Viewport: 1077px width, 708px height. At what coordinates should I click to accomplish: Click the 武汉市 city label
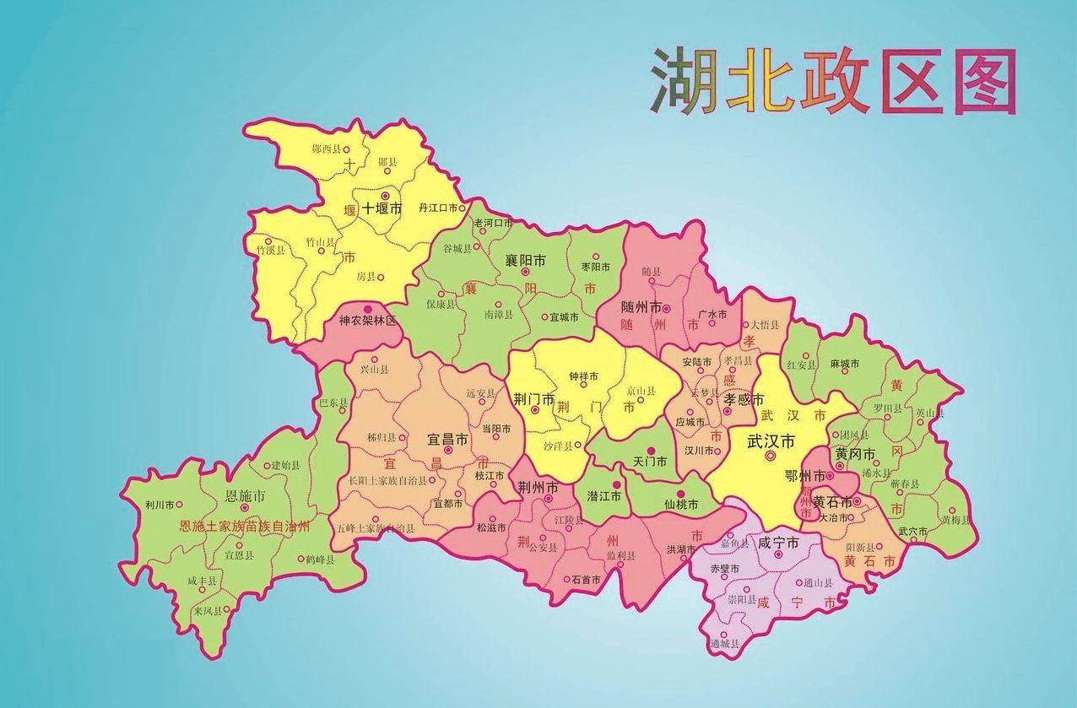tap(771, 440)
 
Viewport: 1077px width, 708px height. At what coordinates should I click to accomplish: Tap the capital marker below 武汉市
tap(770, 456)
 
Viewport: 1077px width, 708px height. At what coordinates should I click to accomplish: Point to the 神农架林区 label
tap(367, 321)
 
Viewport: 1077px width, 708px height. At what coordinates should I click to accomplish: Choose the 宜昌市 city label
tap(447, 440)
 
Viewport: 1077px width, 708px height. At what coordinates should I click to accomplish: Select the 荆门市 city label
tap(534, 398)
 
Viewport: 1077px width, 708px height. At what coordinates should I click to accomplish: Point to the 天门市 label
tap(650, 462)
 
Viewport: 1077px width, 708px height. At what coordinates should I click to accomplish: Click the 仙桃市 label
tap(681, 505)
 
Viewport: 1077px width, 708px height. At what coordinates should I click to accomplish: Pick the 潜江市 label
tap(604, 497)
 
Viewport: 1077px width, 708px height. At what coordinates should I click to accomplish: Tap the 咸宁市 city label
tap(778, 544)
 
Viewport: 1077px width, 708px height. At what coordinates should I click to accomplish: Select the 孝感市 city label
tap(744, 399)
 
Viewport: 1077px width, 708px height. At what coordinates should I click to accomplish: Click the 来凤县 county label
tap(207, 610)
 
